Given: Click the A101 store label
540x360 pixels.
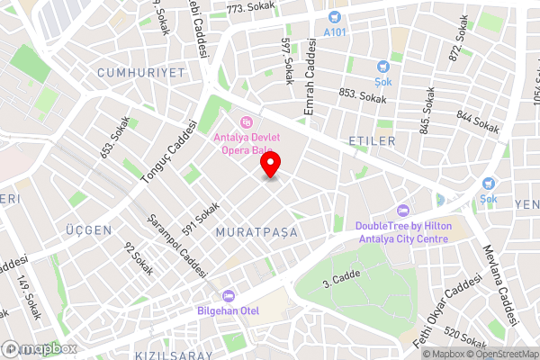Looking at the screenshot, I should (334, 31).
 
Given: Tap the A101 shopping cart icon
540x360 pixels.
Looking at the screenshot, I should (334, 16).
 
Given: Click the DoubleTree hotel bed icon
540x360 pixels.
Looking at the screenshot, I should (402, 211).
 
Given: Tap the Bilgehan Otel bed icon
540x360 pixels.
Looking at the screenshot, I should (228, 295).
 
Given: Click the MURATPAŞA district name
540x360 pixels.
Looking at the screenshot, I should (256, 232).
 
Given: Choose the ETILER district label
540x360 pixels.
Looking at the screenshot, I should (372, 141).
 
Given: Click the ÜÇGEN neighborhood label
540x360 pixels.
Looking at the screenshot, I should (88, 230).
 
